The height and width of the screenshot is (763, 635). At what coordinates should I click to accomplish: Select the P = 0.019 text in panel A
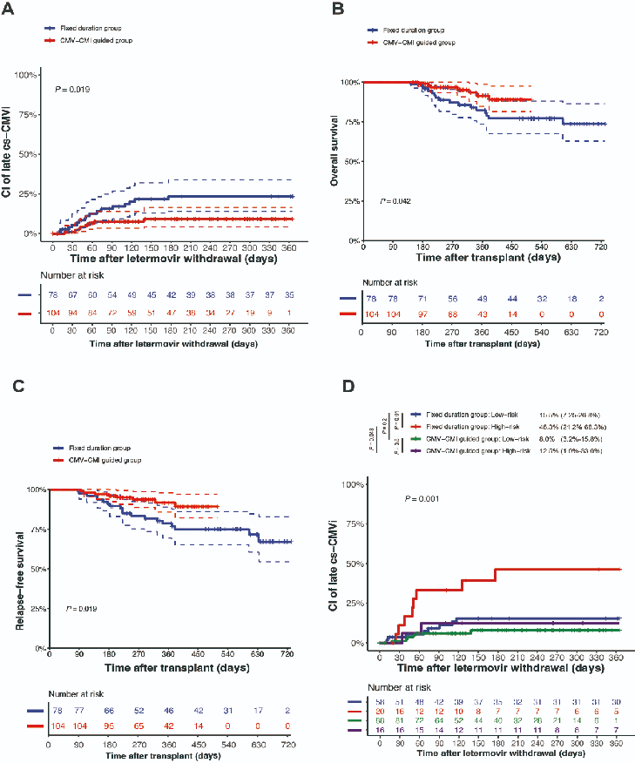[73, 89]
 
